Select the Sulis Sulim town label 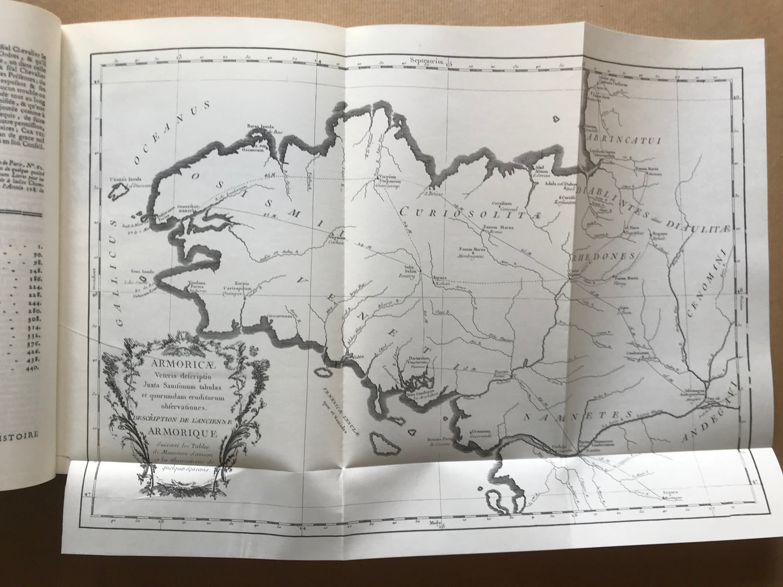coord(413,268)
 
